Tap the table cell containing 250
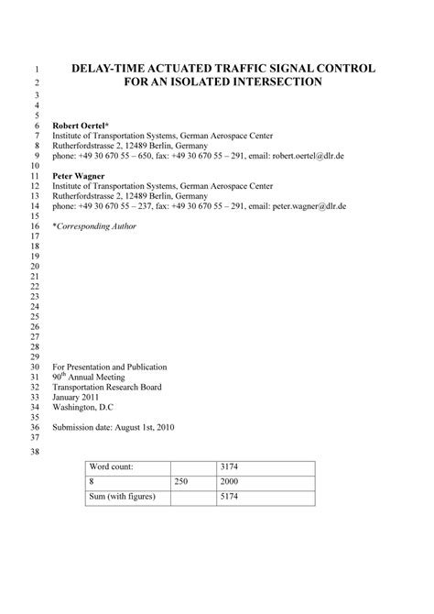182,481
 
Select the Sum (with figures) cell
122,497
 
